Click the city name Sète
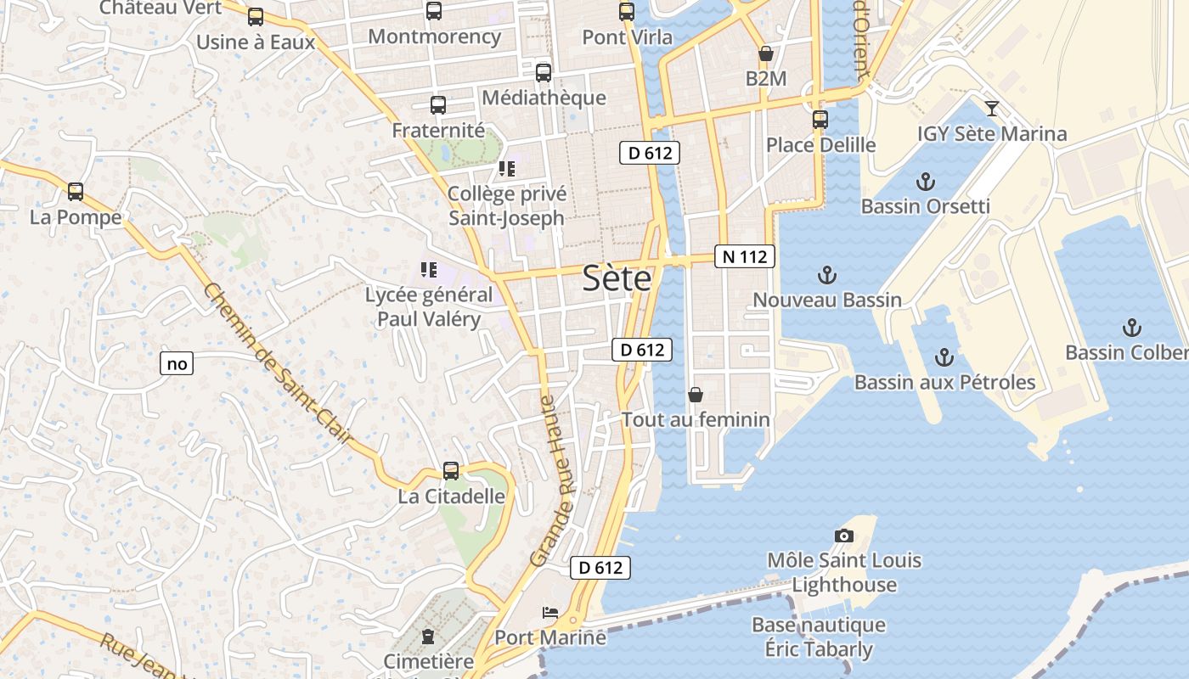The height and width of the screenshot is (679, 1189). click(x=617, y=278)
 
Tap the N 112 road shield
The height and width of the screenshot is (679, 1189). click(x=745, y=256)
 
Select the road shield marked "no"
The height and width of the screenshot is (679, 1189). click(x=177, y=364)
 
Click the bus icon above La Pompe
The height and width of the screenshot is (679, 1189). click(x=76, y=192)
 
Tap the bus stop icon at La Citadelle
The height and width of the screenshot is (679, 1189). click(x=451, y=471)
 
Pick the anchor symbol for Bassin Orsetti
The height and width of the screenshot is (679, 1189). click(x=926, y=182)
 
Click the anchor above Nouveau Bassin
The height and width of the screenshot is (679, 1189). click(x=826, y=275)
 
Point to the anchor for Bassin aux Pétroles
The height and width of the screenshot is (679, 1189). click(x=944, y=357)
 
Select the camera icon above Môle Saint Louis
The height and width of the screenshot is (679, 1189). click(x=843, y=536)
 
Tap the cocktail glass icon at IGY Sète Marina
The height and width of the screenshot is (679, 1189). click(x=991, y=109)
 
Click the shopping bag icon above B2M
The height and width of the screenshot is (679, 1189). click(x=766, y=54)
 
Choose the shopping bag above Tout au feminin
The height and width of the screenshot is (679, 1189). click(x=696, y=395)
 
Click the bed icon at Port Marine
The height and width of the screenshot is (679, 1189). click(x=550, y=613)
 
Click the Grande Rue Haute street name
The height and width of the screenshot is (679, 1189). click(x=559, y=480)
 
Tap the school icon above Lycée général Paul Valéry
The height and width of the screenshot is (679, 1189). click(x=429, y=271)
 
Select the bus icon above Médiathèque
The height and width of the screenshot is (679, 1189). click(x=544, y=73)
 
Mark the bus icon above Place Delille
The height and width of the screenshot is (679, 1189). click(x=820, y=120)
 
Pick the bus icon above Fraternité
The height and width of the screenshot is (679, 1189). click(x=438, y=106)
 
